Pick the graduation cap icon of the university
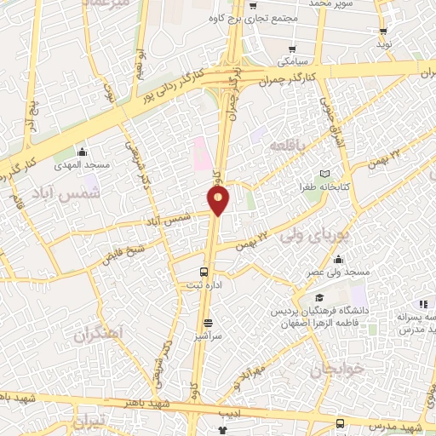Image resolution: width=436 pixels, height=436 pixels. [x=318, y=297]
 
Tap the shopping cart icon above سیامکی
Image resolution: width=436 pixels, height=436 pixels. [x=292, y=49]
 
